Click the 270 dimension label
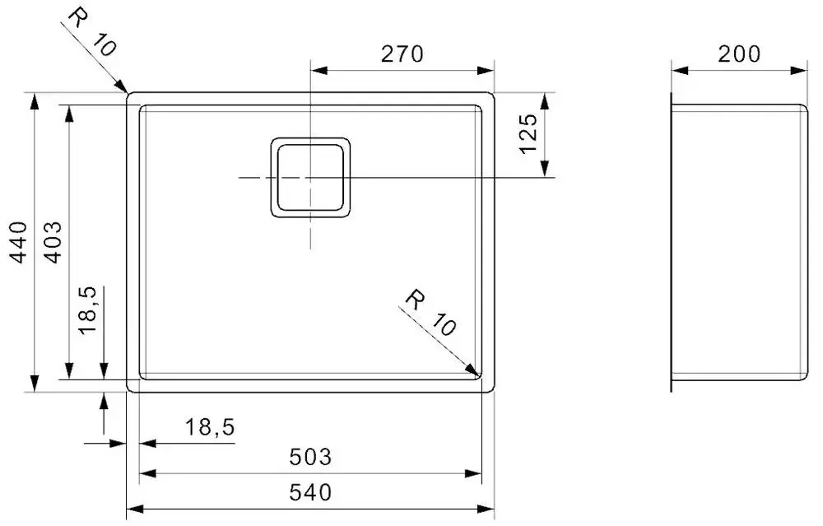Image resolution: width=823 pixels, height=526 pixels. coord(402,54)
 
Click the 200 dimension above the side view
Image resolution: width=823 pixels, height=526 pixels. coord(738,54)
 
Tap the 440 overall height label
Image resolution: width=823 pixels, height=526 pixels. coord(19,241)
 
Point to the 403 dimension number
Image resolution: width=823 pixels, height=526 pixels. coord(52,241)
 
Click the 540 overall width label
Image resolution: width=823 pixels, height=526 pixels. coord(310,492)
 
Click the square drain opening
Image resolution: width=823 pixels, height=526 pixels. coord(310,177)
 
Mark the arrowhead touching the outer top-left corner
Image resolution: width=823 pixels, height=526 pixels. coord(121,87)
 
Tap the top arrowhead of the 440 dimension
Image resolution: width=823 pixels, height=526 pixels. coord(35,101)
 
